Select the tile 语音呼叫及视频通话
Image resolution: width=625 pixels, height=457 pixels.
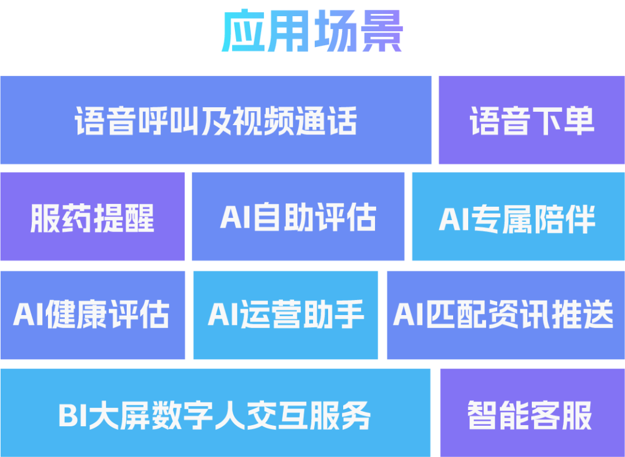pyautogui.click(x=215, y=120)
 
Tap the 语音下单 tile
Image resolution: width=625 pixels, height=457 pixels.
pyautogui.click(x=531, y=120)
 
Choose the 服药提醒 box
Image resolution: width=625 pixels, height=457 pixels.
pyautogui.click(x=92, y=217)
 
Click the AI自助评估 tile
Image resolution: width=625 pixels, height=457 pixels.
pyautogui.click(x=298, y=217)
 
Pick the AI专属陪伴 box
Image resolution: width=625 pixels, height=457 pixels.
pyautogui.click(x=518, y=217)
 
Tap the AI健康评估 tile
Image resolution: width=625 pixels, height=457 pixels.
pyautogui.click(x=92, y=315)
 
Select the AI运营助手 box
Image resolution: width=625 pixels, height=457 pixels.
pyautogui.click(x=285, y=315)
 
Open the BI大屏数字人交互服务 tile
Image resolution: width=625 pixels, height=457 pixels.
pyautogui.click(x=215, y=414)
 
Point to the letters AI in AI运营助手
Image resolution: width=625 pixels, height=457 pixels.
pyautogui.click(x=222, y=315)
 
